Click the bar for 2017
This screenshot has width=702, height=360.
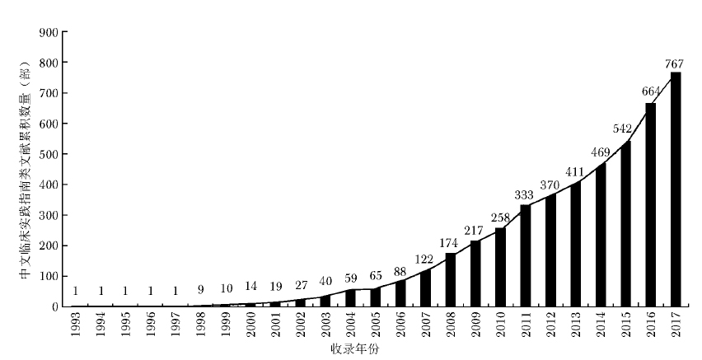(x=676, y=189)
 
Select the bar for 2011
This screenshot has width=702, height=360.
(x=526, y=255)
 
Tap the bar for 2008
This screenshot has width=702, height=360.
(x=451, y=280)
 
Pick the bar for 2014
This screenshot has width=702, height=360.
(x=601, y=235)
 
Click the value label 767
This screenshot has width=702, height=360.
(x=676, y=64)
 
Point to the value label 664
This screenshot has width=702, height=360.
(x=651, y=96)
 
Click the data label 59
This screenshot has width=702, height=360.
(x=351, y=279)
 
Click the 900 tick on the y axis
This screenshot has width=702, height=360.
(x=49, y=32)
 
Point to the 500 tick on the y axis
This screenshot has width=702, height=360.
(x=49, y=154)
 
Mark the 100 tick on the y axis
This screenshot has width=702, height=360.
(x=49, y=276)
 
